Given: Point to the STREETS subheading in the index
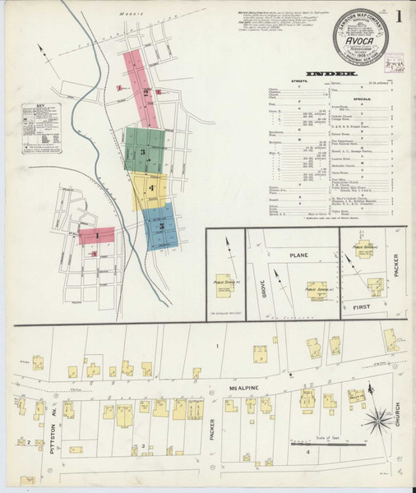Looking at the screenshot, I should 300,81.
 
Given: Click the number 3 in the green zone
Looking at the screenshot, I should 143,153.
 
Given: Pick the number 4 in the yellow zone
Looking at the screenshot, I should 152,189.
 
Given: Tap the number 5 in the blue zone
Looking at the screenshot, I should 161,225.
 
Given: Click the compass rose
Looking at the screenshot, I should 377,420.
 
